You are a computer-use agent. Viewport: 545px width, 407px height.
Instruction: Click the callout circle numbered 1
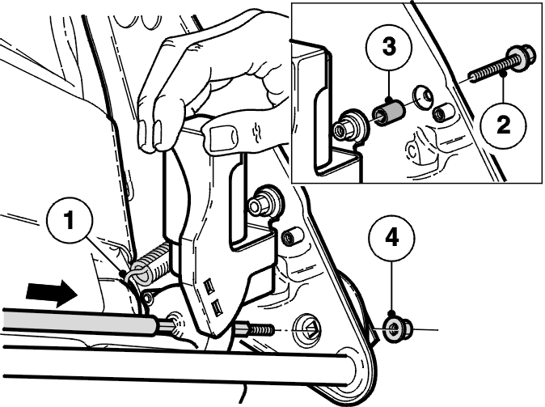click(70, 221)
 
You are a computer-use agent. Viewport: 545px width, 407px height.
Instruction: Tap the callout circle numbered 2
click(504, 124)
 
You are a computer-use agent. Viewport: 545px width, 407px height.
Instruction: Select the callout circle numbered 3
click(389, 47)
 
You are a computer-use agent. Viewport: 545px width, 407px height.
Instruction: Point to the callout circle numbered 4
click(392, 238)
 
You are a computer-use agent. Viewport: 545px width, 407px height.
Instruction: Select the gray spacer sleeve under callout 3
click(389, 112)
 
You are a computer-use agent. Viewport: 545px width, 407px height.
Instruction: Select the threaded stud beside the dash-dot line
click(256, 329)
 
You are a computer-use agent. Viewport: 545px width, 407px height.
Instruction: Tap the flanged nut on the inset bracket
click(346, 126)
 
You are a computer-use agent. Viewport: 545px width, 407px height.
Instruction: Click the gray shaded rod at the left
click(79, 320)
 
